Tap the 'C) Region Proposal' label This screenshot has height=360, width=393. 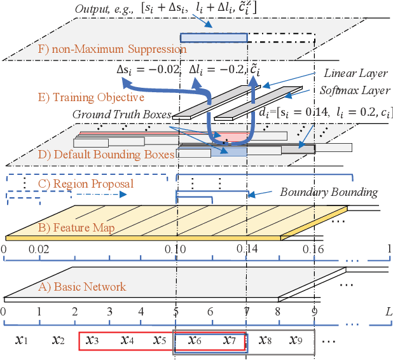click(x=94, y=184)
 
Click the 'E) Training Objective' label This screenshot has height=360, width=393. click(x=90, y=97)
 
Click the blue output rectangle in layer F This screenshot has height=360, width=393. click(x=213, y=38)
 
